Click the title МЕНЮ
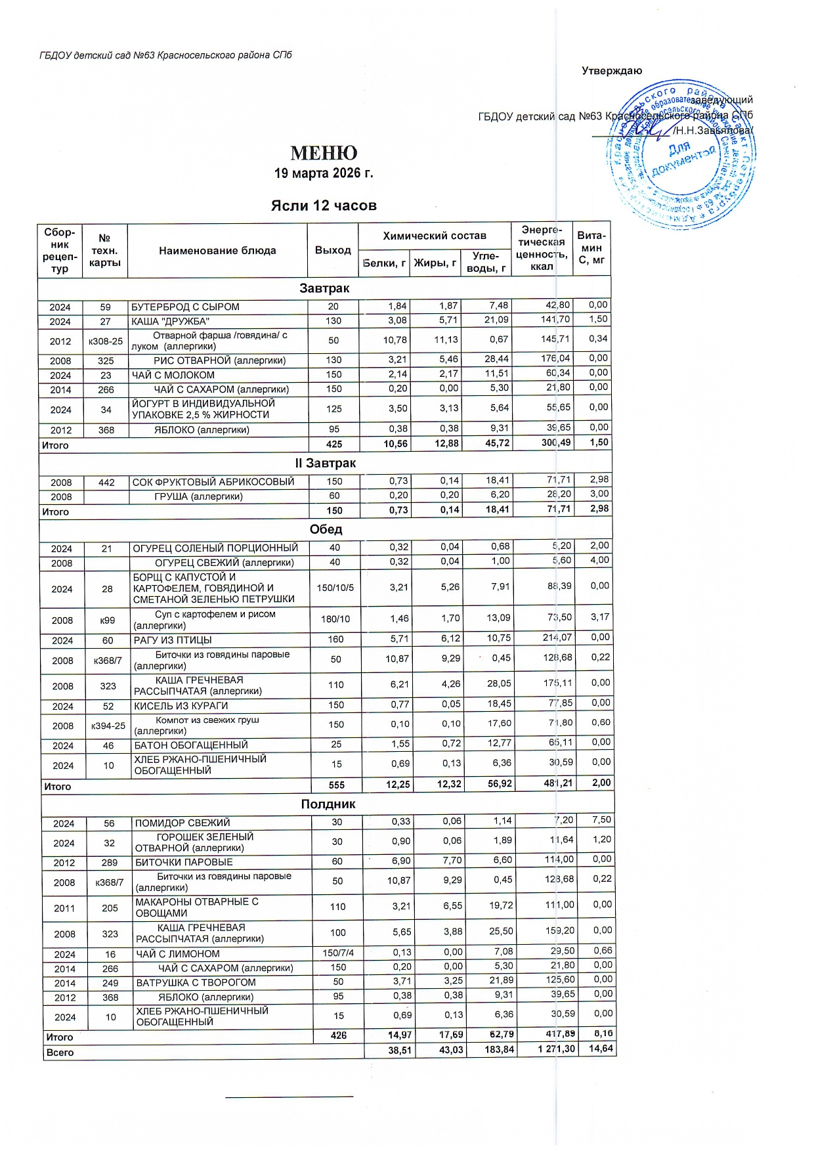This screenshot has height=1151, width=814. (x=324, y=154)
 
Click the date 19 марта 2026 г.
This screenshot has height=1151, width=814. (x=324, y=173)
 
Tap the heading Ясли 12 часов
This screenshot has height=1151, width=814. (x=324, y=206)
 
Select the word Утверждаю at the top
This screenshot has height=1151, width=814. (x=612, y=71)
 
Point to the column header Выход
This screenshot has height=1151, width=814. (x=333, y=250)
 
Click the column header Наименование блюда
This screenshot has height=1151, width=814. (x=217, y=251)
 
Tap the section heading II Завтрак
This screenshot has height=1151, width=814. (x=326, y=463)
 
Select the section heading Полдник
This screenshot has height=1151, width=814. (x=328, y=804)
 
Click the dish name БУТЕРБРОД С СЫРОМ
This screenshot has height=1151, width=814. (x=186, y=307)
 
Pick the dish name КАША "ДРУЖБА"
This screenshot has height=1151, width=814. (x=171, y=321)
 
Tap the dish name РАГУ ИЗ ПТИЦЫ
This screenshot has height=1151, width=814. (x=173, y=640)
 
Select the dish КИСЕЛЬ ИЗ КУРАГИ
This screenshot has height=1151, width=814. (x=181, y=706)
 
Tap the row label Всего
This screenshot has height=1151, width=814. (x=60, y=1052)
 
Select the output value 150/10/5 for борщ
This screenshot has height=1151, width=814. (x=335, y=588)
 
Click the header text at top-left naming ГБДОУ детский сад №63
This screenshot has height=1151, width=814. (x=165, y=55)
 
